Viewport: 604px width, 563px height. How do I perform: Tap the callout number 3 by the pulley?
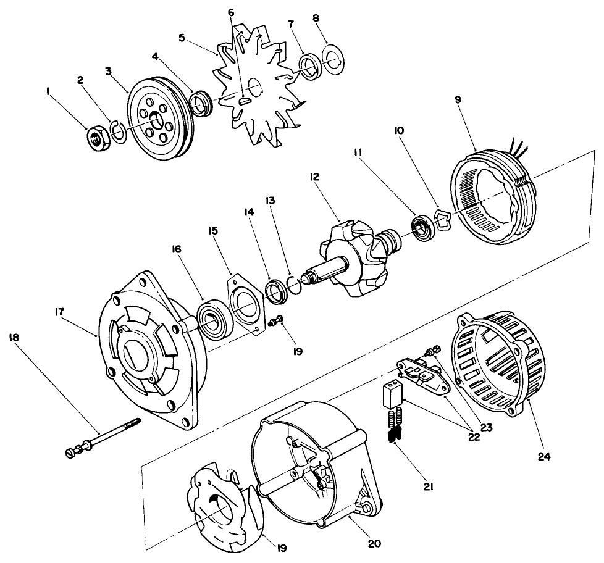pyautogui.click(x=109, y=72)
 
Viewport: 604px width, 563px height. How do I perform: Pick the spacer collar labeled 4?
pyautogui.click(x=202, y=101)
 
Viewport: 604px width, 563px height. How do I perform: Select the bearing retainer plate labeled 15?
pyautogui.click(x=248, y=302)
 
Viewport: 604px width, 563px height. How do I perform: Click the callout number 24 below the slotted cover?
pyautogui.click(x=543, y=457)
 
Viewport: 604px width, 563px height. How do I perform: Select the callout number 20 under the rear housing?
pyautogui.click(x=375, y=543)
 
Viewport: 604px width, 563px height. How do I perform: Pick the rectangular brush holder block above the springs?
pyautogui.click(x=391, y=393)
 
